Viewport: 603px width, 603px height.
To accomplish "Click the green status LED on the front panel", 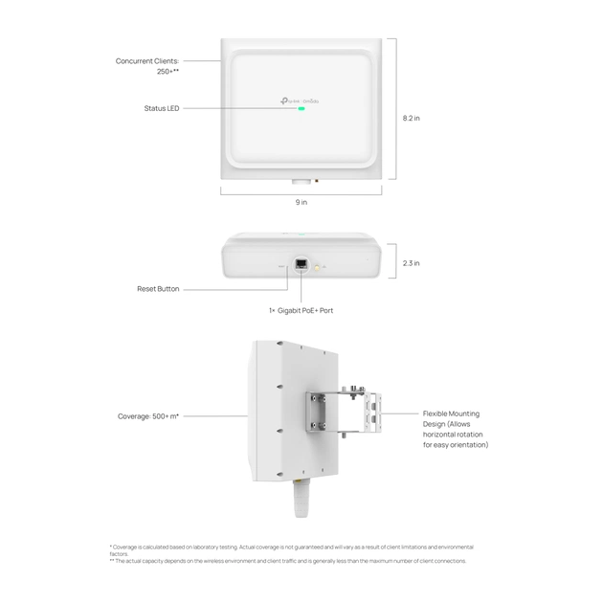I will coord(301,109).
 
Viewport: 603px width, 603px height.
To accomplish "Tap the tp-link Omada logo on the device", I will coord(301,100).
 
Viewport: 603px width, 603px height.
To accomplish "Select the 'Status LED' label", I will coord(161,108).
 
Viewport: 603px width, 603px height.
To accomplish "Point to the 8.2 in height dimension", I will coord(411,119).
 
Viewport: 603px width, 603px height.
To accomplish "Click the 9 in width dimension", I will coord(301,202).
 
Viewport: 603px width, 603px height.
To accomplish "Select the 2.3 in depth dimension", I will coord(410,262).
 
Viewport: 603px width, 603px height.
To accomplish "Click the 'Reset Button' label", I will coord(157,289).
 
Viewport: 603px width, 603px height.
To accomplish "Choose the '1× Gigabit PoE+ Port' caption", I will coord(301,310).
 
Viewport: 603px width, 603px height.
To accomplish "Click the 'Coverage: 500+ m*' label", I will coord(148,416).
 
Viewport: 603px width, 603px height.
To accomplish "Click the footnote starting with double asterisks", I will coord(287,561).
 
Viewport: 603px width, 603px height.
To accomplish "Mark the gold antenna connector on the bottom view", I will coord(317,267).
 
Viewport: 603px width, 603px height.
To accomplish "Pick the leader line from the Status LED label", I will coord(239,109).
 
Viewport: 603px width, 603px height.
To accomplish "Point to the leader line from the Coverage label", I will coord(215,416).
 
